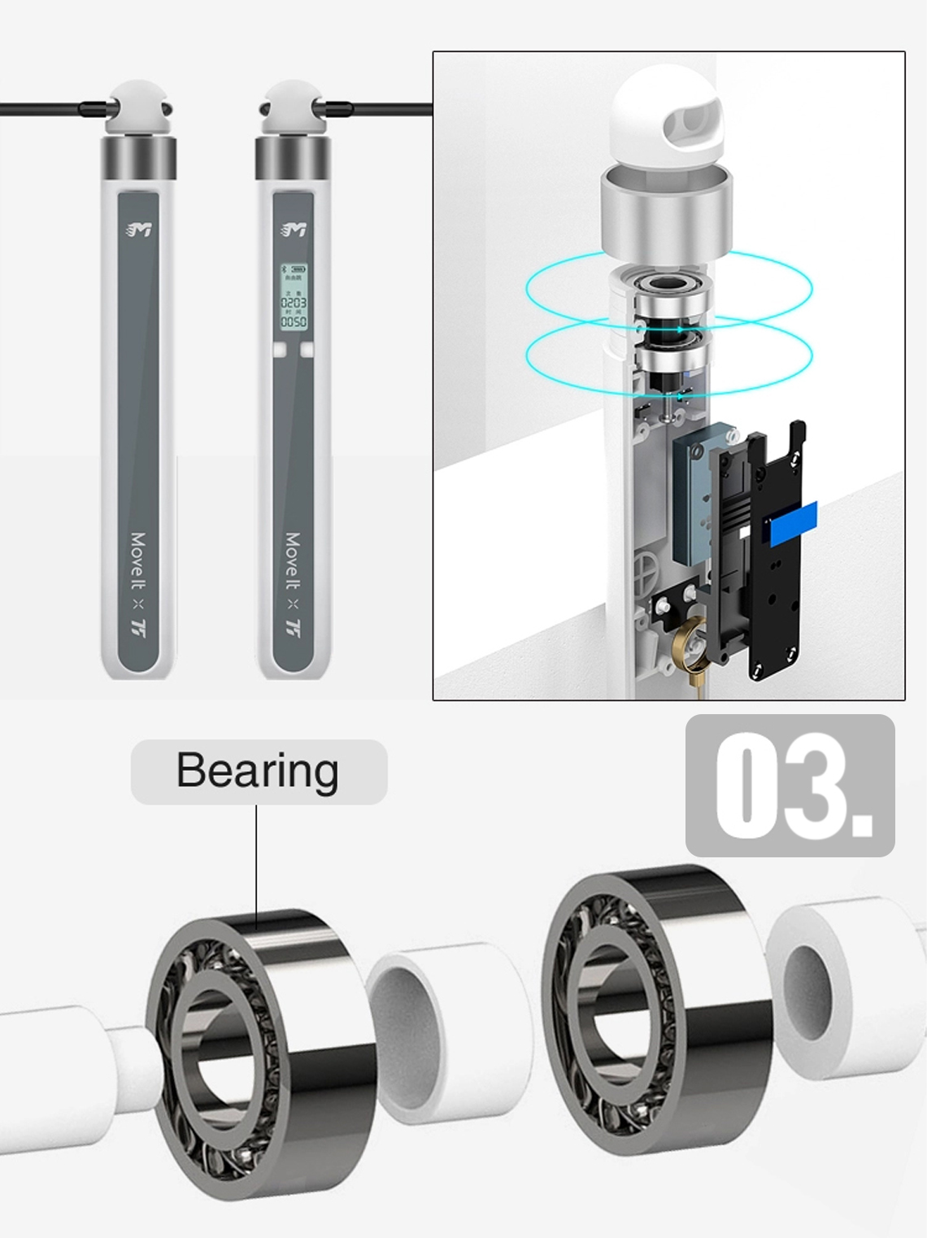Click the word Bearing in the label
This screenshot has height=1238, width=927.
257,770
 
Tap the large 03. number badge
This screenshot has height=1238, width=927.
790,786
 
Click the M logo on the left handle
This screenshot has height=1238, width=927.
139,230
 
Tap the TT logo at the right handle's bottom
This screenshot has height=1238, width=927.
294,627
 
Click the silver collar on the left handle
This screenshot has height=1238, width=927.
138,158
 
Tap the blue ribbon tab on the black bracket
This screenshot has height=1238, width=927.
793,522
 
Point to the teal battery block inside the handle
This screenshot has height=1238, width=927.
691,496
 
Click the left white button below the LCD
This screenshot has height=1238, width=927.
279,350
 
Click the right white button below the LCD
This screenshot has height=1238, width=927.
307,350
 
